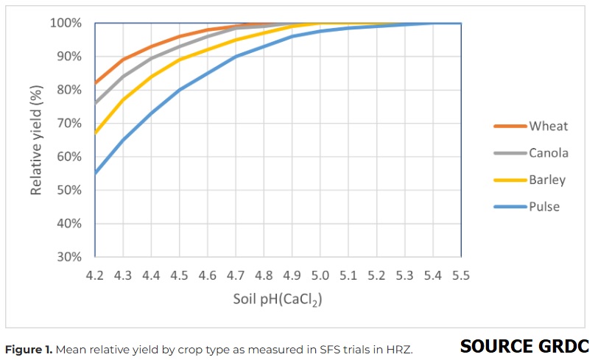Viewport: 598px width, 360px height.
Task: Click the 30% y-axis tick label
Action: click(x=68, y=257)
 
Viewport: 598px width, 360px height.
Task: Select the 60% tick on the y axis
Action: click(x=68, y=157)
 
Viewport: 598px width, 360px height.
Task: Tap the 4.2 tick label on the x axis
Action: click(x=96, y=275)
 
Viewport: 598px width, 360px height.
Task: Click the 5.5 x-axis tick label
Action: click(x=461, y=275)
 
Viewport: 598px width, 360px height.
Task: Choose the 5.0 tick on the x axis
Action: click(x=320, y=275)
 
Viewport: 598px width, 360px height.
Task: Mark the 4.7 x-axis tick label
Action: click(x=236, y=275)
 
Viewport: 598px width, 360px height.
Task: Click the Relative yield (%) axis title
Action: click(x=36, y=140)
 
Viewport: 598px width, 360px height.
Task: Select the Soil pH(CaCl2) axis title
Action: click(x=278, y=300)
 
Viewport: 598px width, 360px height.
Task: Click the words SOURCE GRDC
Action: click(x=524, y=345)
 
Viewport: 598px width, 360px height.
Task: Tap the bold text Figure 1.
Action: click(x=29, y=349)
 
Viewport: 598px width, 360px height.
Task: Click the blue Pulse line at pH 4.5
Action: click(x=180, y=90)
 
